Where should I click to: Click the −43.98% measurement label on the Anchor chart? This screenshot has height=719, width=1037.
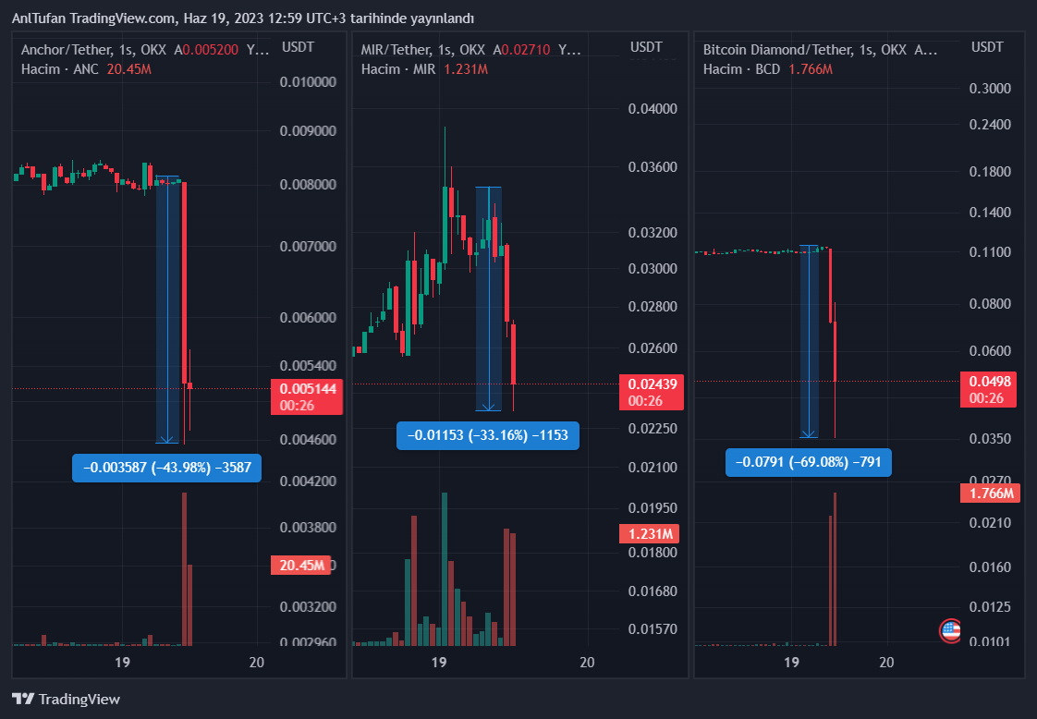pos(166,468)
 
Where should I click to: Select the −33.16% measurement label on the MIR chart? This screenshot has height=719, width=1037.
pos(487,435)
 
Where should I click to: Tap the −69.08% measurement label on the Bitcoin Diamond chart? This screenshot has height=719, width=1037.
pos(809,461)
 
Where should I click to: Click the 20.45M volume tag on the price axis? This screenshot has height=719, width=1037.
pos(300,566)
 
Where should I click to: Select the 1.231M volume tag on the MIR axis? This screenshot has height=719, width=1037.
pos(650,533)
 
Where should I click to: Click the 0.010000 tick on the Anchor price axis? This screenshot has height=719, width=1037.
pos(308,82)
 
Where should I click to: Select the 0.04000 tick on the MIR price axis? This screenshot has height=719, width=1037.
pos(653,108)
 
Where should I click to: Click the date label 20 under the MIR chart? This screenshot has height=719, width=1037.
pos(586,662)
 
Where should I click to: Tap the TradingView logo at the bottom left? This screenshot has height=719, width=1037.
pos(66,700)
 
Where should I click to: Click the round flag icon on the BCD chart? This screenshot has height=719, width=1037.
pos(950,631)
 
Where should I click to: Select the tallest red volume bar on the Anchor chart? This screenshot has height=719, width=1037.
pos(185,568)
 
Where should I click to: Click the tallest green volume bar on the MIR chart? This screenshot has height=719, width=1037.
pos(445,568)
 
